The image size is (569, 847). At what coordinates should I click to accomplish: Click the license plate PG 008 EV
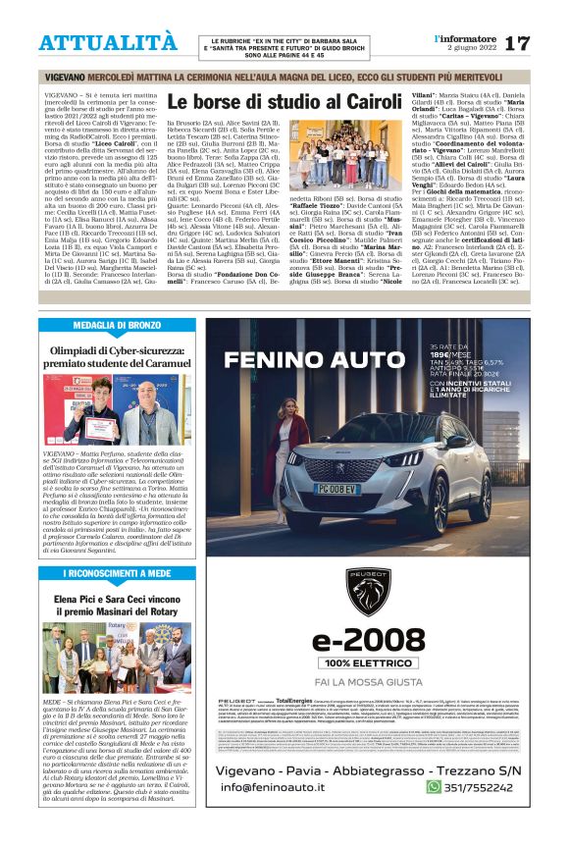click(363, 487)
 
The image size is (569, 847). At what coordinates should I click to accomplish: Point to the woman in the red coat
click(290, 453)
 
